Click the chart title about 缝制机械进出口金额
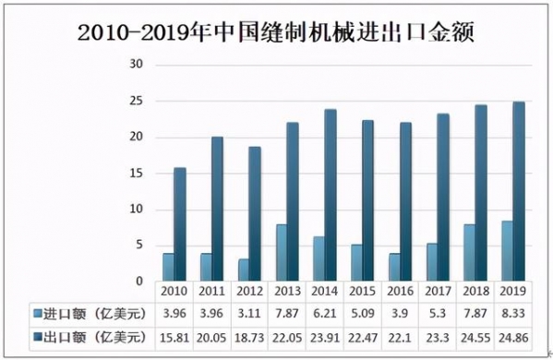[x=276, y=34]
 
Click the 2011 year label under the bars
[x=211, y=292]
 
